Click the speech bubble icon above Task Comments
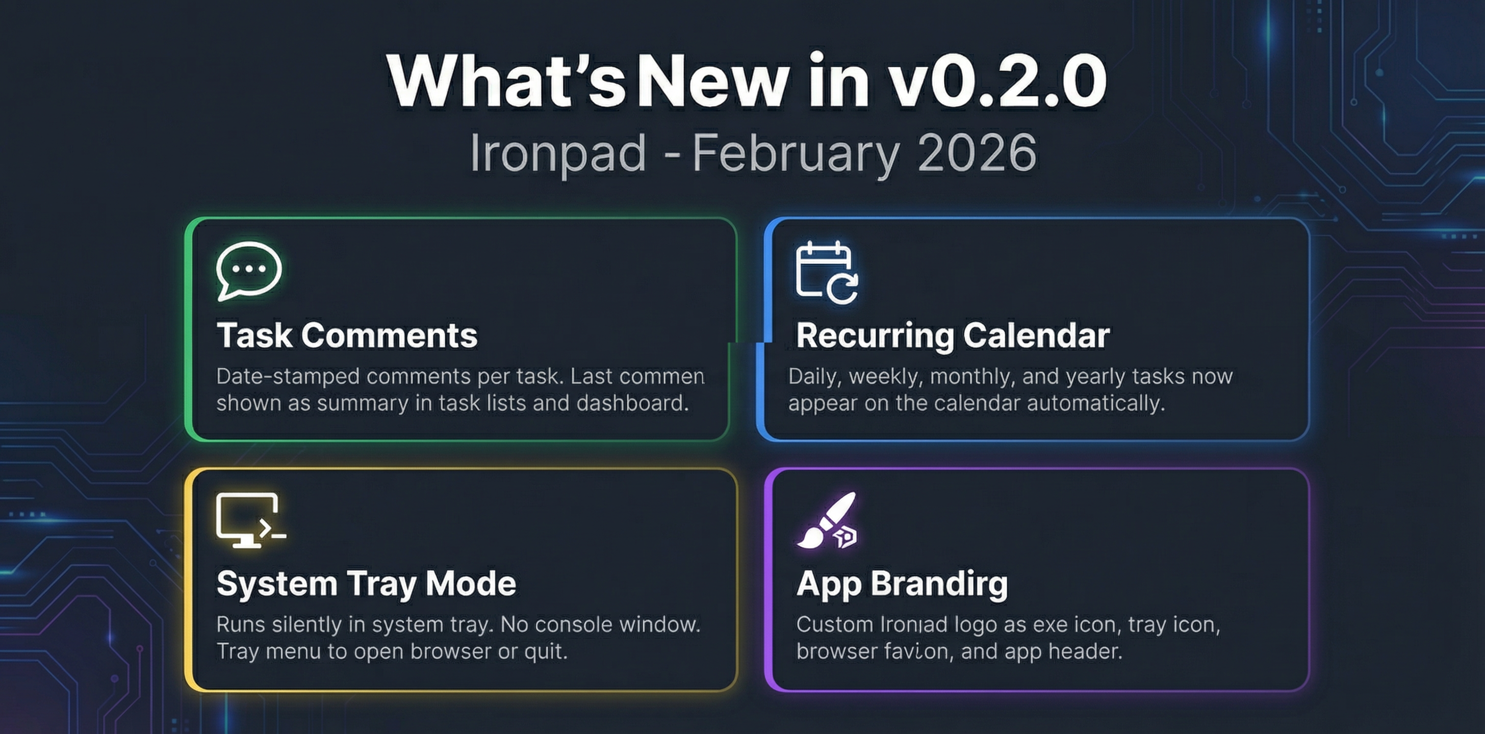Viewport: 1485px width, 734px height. click(248, 270)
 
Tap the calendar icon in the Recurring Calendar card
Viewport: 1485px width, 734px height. click(826, 272)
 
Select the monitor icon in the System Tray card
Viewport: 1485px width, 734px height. click(249, 520)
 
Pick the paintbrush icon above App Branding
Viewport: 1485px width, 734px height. click(827, 521)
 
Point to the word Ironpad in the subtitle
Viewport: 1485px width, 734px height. click(557, 153)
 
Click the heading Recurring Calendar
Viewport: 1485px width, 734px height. click(952, 335)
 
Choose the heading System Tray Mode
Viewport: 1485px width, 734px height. click(366, 584)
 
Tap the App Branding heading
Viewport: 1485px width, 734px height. click(902, 584)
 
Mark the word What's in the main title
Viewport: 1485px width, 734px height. click(506, 81)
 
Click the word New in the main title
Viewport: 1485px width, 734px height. click(713, 81)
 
